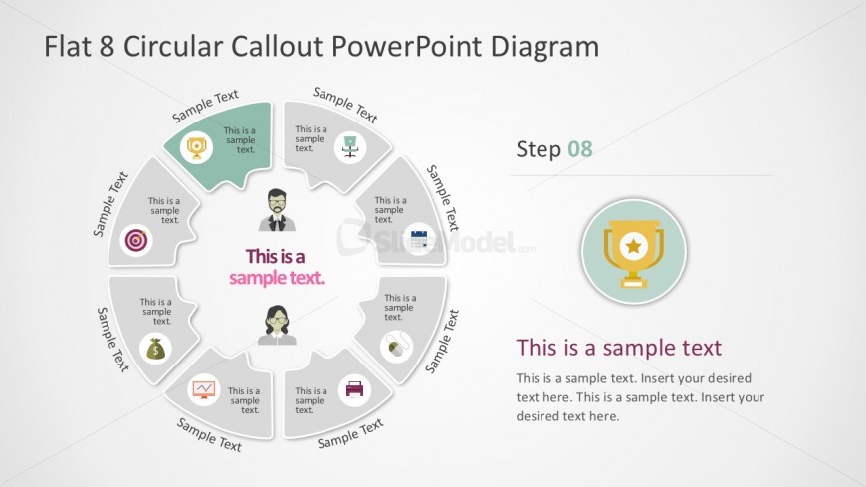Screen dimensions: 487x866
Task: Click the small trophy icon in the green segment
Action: click(197, 148)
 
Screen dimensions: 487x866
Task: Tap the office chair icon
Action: click(349, 145)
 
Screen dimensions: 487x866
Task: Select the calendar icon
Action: click(419, 239)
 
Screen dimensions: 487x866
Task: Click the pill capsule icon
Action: click(395, 347)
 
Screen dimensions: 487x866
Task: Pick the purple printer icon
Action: click(354, 388)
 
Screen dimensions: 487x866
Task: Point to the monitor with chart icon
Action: click(203, 387)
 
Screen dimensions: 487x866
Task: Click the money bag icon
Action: click(156, 349)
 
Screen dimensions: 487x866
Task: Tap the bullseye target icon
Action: click(136, 240)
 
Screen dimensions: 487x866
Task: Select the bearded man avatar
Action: click(278, 210)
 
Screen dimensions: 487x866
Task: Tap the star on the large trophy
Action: click(633, 243)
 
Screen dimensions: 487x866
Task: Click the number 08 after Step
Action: click(580, 149)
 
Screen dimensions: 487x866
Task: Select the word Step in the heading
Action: click(539, 149)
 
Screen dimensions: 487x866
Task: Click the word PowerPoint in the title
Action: click(407, 46)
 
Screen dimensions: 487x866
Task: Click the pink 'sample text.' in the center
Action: click(277, 278)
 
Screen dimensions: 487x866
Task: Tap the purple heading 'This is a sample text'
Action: click(618, 348)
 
